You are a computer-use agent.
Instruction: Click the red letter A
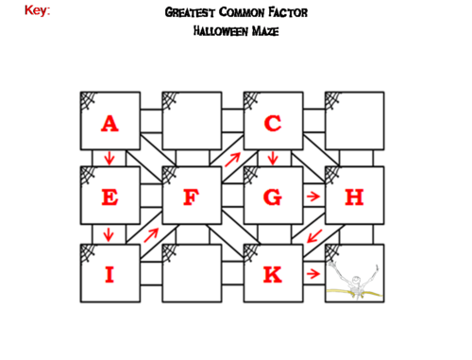coord(110,123)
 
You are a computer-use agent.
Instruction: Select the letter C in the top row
coord(273,123)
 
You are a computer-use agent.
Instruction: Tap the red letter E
coord(110,197)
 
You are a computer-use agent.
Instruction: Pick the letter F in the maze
coord(192,197)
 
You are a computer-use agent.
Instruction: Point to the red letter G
coord(273,197)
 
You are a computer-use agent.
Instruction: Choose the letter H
coord(354,197)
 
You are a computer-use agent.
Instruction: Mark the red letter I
coord(110,275)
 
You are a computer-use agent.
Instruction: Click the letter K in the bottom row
coord(273,275)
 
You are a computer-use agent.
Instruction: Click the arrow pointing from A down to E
coord(110,158)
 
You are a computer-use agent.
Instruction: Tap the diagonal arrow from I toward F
coord(150,235)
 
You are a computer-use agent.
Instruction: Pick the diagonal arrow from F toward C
coord(232,159)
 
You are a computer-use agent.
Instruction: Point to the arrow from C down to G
coord(273,158)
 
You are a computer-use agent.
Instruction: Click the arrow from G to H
coord(313,197)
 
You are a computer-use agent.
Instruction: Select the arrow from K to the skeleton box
coord(313,274)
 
